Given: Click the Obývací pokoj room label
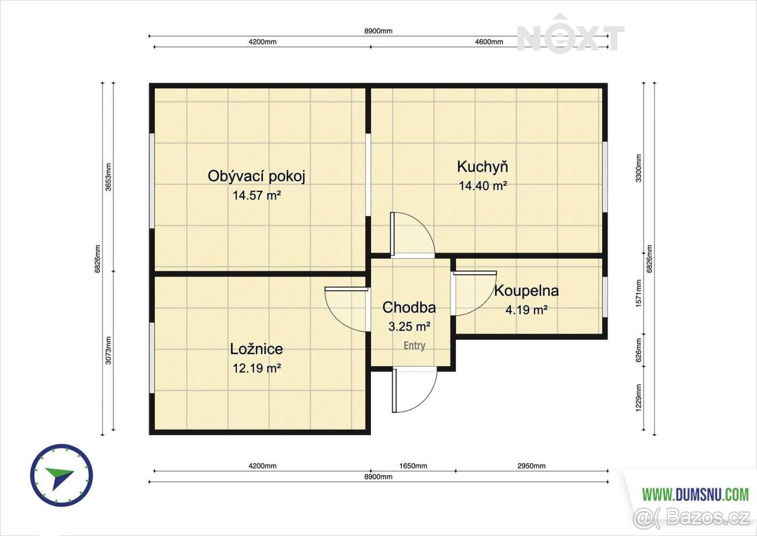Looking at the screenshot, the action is [256, 176].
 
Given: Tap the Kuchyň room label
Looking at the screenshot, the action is [483, 167].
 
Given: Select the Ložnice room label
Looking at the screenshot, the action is [257, 349].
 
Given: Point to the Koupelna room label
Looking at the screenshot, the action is [527, 291].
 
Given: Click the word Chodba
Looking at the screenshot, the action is [409, 307].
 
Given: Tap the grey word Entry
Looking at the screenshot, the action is [414, 345].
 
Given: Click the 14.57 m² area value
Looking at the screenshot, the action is [257, 195].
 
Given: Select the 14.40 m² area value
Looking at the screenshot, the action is [483, 186].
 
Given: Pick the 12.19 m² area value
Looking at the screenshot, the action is [257, 368].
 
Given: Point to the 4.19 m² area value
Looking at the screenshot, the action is [527, 310].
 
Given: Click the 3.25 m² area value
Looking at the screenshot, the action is [409, 326].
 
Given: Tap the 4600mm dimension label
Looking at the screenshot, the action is [489, 42].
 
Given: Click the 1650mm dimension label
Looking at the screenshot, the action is [413, 466].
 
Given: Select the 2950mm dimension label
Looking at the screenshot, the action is [532, 466].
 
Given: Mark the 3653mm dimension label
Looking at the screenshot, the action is [109, 177].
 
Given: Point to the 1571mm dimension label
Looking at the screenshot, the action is [638, 293].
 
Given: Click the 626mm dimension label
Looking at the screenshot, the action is [638, 350].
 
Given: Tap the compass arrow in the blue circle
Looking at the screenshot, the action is [59, 477].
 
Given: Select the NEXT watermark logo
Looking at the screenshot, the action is [570, 34].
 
